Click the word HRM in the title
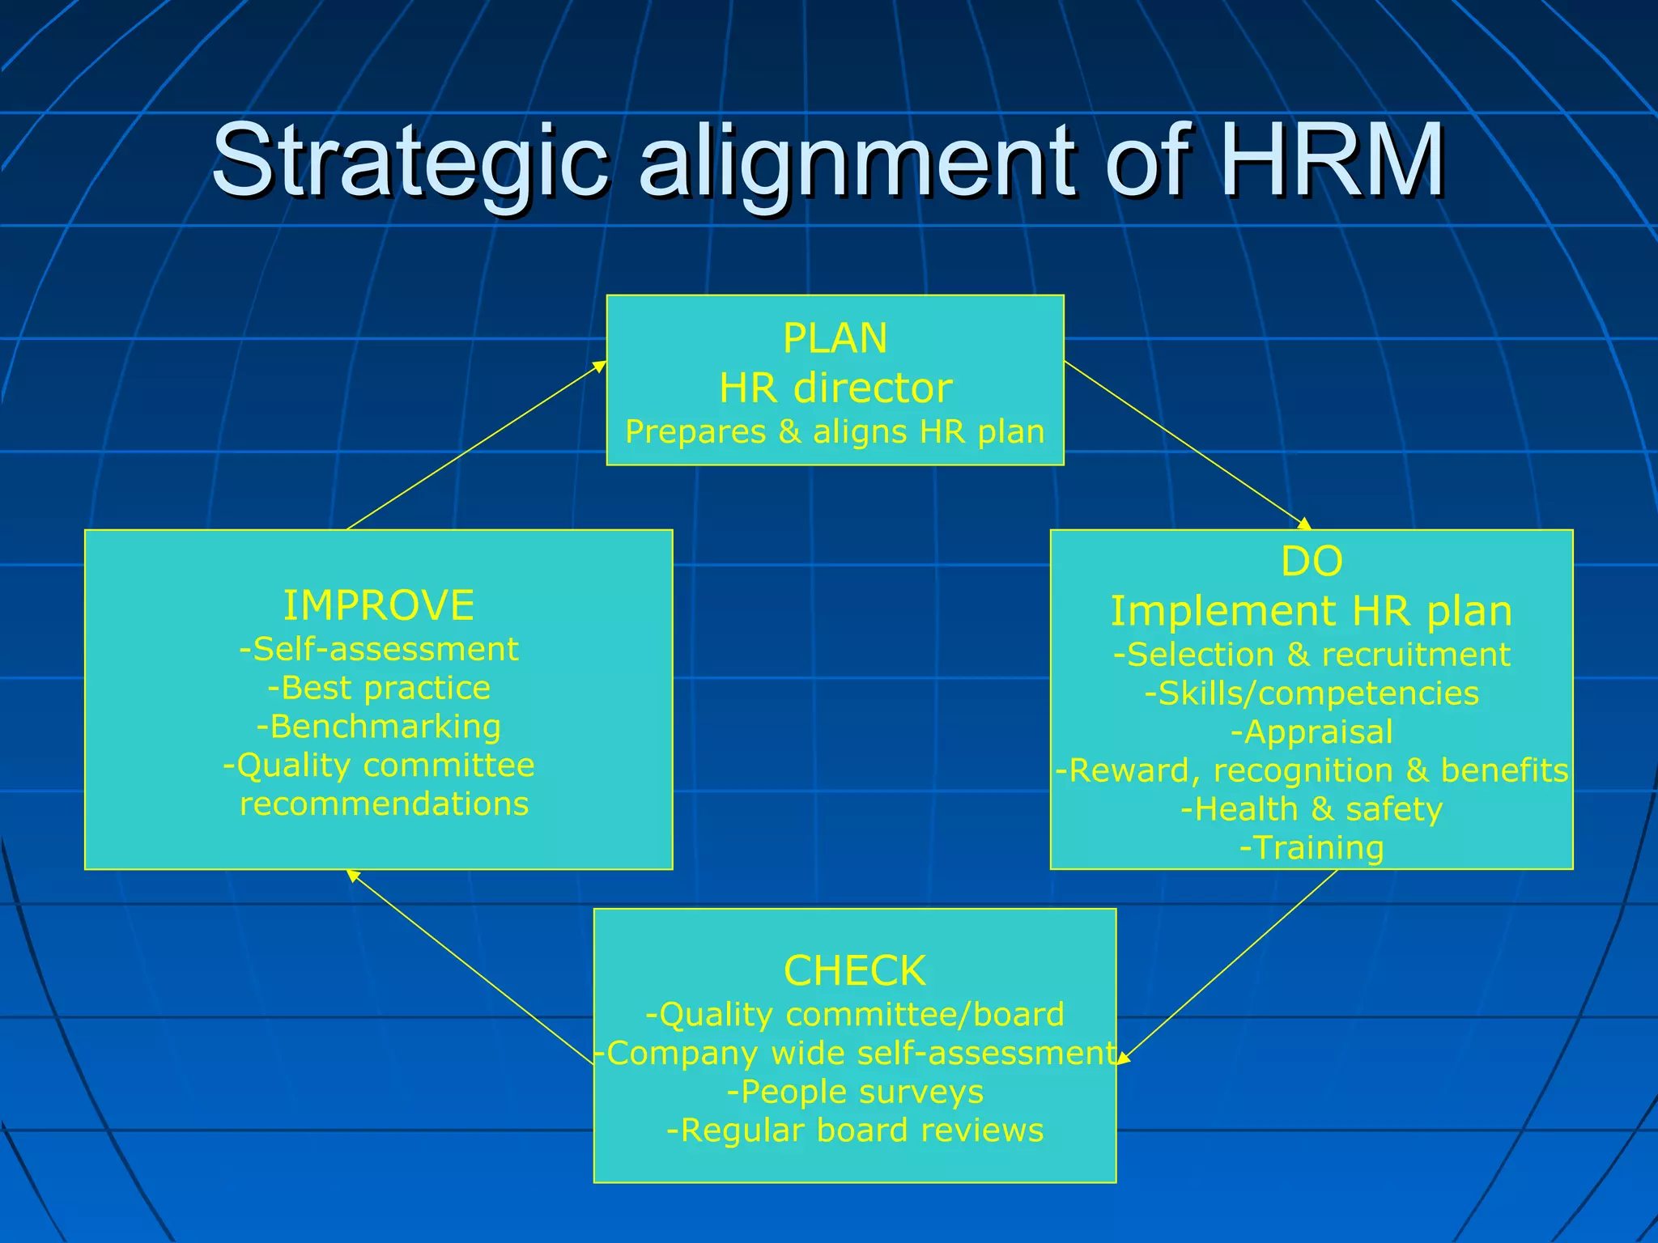point(1332,160)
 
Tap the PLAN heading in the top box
point(835,338)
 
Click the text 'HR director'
point(835,388)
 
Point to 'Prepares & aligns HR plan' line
point(835,432)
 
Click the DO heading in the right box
point(1312,561)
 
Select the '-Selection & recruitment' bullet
point(1312,655)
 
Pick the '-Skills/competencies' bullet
point(1312,694)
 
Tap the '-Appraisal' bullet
point(1312,732)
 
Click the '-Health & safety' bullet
point(1312,809)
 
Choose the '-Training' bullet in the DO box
point(1312,848)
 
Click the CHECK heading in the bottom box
point(855,970)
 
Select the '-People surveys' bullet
point(855,1092)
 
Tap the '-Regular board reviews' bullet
point(855,1131)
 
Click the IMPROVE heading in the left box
point(379,605)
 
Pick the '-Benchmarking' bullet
point(379,727)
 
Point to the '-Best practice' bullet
point(379,688)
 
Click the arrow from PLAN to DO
point(1187,445)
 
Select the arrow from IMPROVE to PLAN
point(477,445)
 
